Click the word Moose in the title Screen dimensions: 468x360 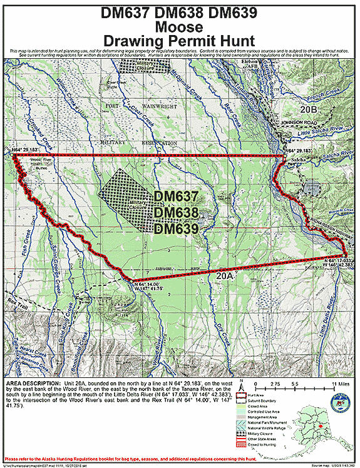(180, 27)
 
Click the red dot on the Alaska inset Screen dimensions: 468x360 (323, 425)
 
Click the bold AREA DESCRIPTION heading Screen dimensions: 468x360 (32, 381)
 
